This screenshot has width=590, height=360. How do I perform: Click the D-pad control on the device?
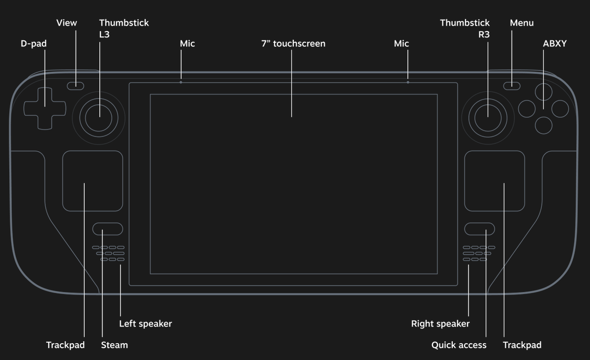[x=45, y=108]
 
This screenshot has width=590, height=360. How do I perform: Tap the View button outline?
[x=75, y=86]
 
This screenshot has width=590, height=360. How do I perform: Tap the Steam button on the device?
[x=107, y=229]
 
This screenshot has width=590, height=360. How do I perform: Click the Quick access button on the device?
[x=479, y=229]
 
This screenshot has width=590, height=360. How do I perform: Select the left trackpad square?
[x=93, y=181]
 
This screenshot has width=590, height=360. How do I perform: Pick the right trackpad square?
[x=494, y=181]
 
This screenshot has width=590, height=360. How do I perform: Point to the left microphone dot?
[x=181, y=82]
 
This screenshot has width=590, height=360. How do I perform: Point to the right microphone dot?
[x=407, y=82]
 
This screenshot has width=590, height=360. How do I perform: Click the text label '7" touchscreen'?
[x=293, y=43]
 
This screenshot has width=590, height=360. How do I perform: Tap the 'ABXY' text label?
[x=555, y=43]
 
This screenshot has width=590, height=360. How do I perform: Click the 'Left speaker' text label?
[x=145, y=324]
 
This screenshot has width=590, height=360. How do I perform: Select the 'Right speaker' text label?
[x=440, y=324]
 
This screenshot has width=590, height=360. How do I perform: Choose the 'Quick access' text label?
[x=459, y=345]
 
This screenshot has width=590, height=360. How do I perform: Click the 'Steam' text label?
[x=114, y=345]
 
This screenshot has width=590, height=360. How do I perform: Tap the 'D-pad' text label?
[x=33, y=43]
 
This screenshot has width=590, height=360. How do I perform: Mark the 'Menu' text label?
[x=522, y=23]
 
